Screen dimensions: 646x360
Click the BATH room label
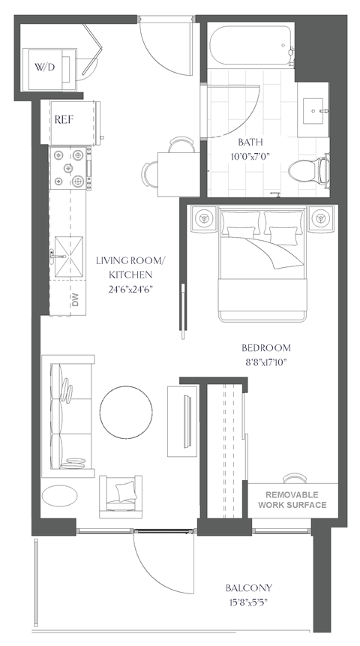[250, 143]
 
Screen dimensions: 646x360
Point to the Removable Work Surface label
[292, 500]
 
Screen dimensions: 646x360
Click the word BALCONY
[248, 588]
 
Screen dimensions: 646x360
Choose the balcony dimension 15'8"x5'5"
[248, 602]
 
